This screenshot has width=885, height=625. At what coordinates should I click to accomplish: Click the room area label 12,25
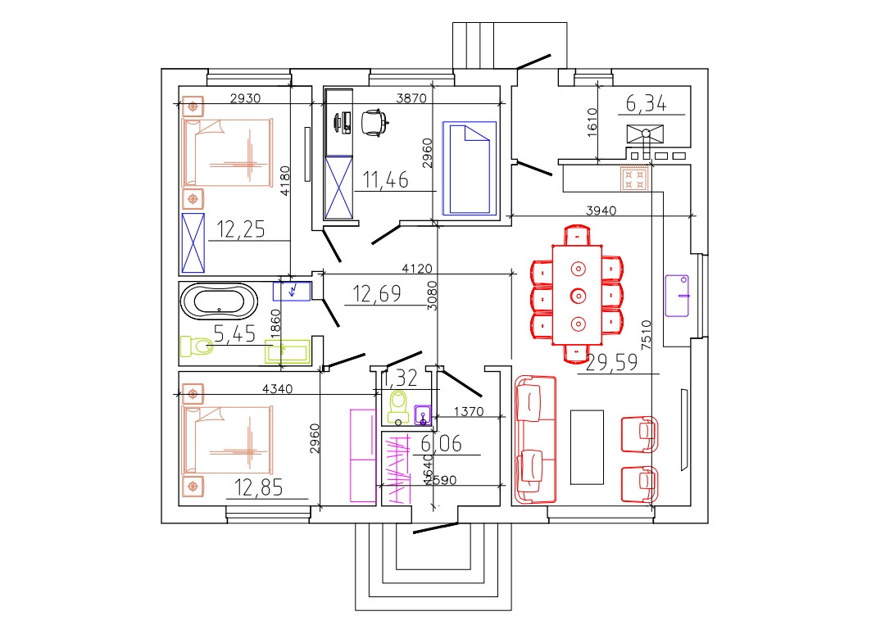(x=240, y=229)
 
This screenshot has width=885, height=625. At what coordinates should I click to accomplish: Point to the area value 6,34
(x=646, y=103)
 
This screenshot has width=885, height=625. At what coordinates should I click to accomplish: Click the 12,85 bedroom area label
(x=259, y=488)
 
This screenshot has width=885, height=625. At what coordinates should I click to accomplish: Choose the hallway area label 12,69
(x=377, y=293)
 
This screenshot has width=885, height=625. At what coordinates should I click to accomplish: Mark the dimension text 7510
(x=647, y=334)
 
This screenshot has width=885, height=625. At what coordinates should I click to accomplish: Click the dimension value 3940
(x=602, y=211)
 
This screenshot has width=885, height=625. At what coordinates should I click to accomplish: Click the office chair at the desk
(x=374, y=122)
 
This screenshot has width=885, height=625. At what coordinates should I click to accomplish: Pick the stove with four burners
(x=634, y=179)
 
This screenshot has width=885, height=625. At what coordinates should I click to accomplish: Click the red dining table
(x=578, y=294)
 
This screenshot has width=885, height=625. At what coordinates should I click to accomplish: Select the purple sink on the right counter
(x=678, y=294)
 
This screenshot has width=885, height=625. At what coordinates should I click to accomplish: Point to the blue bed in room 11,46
(x=470, y=168)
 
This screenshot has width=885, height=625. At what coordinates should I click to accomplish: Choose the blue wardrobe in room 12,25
(x=193, y=242)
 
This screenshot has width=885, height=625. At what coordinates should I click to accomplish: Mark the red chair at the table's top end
(x=578, y=234)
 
